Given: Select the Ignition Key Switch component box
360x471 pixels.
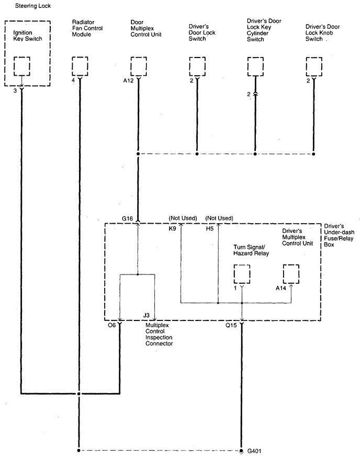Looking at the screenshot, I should [21, 67].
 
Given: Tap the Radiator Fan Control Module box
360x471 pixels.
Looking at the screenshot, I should [80, 67].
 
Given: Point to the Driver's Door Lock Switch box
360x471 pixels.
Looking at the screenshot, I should [197, 67].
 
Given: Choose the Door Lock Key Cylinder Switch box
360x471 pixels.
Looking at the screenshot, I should [255, 67].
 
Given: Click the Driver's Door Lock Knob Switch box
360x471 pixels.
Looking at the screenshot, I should [313, 67].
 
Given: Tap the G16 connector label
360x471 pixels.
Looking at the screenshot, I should [128, 218].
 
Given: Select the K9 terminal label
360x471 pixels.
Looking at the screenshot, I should [172, 228].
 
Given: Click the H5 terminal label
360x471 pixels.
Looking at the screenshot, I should [209, 228].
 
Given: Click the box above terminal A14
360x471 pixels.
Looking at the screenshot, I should [291, 274].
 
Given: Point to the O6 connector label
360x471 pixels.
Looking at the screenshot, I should [112, 325].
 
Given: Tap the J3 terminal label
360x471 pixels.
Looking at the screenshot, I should [147, 315].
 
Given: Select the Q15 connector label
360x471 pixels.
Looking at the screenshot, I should [231, 325].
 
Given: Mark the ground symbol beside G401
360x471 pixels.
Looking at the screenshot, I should [242, 451].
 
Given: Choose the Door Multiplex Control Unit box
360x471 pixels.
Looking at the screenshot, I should [138, 67].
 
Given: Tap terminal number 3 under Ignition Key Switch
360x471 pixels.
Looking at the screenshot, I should [15, 90].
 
